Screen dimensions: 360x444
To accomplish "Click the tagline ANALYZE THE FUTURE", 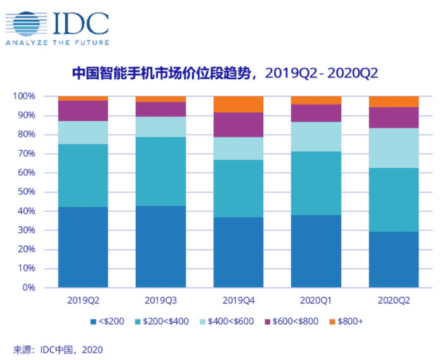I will (57, 43).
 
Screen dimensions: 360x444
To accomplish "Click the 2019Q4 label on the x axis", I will (238, 299).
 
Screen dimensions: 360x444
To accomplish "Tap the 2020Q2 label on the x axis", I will (393, 299).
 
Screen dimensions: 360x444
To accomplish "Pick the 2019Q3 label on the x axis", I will (160, 299).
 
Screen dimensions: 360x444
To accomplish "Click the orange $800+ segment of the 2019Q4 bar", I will (238, 104).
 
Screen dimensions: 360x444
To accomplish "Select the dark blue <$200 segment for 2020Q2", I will (393, 259).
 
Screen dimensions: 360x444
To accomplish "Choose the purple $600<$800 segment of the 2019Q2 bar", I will (83, 110).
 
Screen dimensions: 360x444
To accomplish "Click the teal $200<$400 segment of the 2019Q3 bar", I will (160, 171).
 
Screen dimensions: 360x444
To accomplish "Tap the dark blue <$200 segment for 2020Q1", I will (316, 251).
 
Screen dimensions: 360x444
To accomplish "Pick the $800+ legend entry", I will (349, 321).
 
